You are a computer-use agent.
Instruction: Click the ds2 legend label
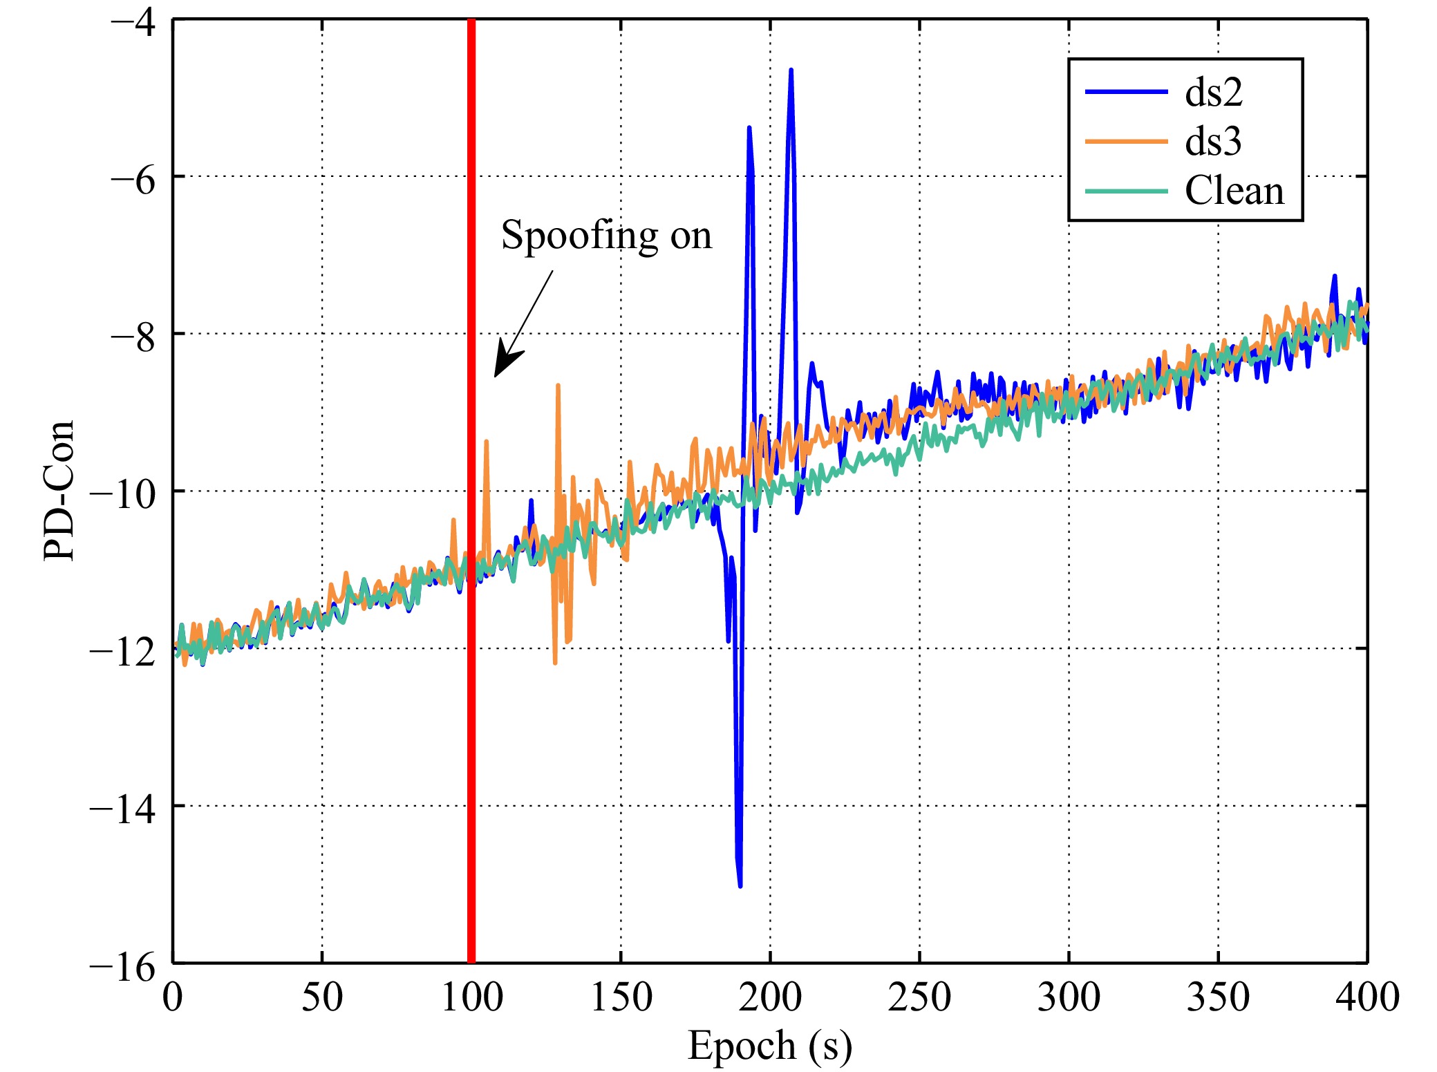click(x=1213, y=92)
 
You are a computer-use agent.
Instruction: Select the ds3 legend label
click(x=1213, y=142)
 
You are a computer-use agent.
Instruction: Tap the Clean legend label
click(x=1234, y=191)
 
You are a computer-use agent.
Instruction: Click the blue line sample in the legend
click(x=1126, y=92)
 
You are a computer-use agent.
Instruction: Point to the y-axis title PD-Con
click(x=59, y=490)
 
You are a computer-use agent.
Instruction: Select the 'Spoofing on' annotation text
click(x=606, y=236)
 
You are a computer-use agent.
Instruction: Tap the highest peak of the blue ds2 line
click(x=791, y=70)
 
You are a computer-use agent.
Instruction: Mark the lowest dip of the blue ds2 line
click(x=740, y=885)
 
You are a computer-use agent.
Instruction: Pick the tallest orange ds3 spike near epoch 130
click(x=558, y=386)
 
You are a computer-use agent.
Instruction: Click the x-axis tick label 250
click(x=919, y=997)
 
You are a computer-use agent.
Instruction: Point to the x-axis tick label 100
click(x=471, y=997)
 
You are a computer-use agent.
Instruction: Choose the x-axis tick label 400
click(x=1366, y=997)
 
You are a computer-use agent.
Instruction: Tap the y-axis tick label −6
click(x=133, y=177)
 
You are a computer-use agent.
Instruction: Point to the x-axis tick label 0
click(x=173, y=997)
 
